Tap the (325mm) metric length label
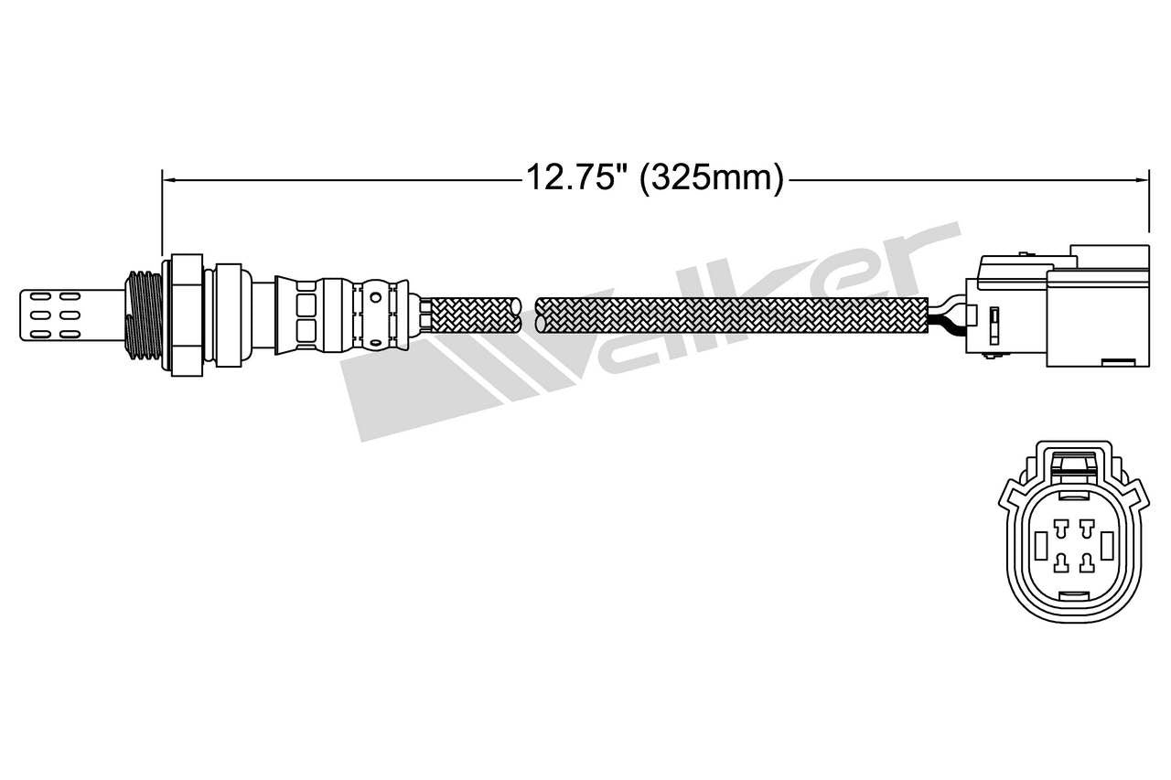712,177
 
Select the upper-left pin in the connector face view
1061,528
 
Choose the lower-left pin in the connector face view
1061,561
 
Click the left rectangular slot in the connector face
1041,546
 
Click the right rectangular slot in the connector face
1107,546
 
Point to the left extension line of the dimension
162,210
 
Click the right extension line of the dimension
1148,206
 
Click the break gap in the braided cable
528,315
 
